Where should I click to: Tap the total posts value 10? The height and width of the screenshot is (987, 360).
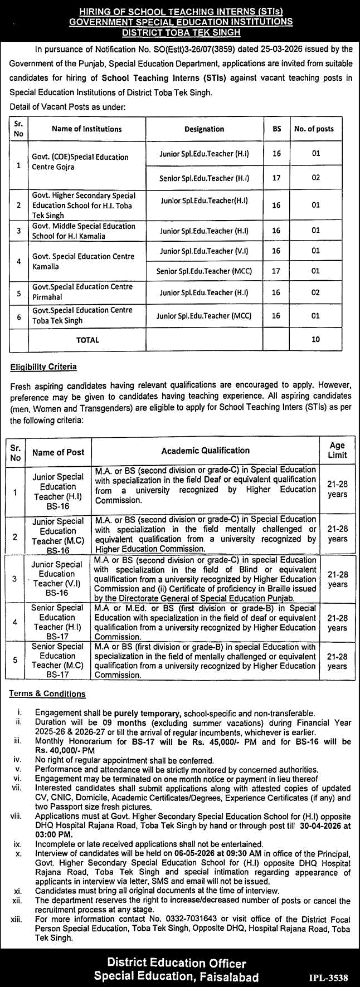click(315, 339)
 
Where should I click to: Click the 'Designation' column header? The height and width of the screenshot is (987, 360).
click(204, 129)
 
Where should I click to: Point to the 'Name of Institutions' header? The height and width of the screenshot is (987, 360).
click(86, 129)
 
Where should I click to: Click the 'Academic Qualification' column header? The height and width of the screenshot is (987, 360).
click(206, 450)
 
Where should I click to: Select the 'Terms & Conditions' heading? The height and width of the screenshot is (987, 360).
click(47, 693)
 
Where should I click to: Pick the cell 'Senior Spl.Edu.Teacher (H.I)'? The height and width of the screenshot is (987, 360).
click(204, 178)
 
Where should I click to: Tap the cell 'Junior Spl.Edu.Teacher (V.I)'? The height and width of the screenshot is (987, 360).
click(204, 251)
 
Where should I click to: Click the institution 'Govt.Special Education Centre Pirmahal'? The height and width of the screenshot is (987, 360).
click(81, 292)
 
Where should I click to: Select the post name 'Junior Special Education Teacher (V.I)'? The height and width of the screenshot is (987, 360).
click(57, 579)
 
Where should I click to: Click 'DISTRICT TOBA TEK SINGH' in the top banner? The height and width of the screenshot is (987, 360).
click(179, 32)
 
